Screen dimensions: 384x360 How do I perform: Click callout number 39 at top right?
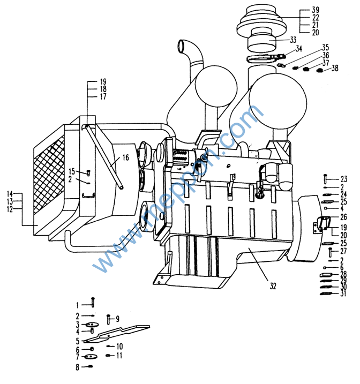tap(316, 10)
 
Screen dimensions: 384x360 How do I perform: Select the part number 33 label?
tap(292, 40)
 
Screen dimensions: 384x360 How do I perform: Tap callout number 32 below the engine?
tap(273, 287)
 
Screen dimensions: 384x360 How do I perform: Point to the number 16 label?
tap(125, 157)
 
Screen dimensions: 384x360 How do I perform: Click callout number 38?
tap(335, 68)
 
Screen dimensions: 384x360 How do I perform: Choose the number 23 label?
tap(343, 179)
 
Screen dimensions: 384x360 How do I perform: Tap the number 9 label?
tap(117, 318)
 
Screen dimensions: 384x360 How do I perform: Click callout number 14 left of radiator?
tap(10, 193)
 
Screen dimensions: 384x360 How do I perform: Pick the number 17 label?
tap(103, 97)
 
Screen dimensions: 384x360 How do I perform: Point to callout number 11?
tap(119, 355)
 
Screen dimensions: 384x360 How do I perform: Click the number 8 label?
tap(77, 367)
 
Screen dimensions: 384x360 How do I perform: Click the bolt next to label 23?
tap(326, 179)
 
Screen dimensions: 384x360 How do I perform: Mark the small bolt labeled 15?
tap(89, 172)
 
